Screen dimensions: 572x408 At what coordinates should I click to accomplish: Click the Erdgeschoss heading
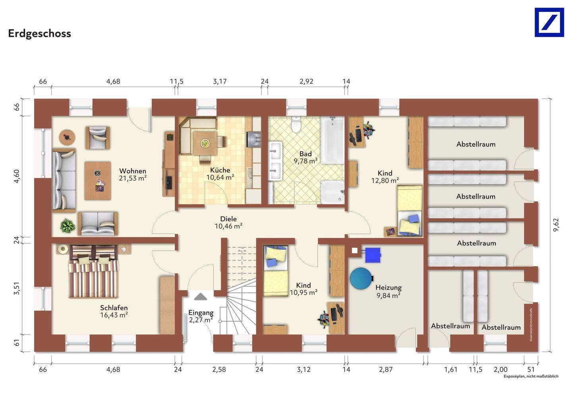coord(40,34)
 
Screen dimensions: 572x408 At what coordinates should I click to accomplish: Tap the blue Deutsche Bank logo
coord(549,23)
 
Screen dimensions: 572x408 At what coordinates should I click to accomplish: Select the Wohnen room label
coord(133,171)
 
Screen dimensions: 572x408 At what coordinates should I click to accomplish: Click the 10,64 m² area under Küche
coord(220,177)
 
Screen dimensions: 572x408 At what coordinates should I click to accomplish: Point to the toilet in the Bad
coord(296,125)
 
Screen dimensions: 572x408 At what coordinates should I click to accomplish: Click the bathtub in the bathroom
coord(332,140)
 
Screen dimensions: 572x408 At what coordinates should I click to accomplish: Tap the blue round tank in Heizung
coord(361,278)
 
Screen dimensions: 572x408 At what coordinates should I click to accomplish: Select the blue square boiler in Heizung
coord(373,255)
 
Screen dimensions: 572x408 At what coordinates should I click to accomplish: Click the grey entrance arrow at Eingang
coord(201,297)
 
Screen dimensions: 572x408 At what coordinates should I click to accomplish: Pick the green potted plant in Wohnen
coord(68,226)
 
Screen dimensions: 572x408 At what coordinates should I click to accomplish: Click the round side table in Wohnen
coord(67,138)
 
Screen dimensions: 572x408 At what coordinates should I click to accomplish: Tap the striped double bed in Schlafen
coord(93,271)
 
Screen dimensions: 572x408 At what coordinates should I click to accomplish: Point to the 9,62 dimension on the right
coord(556,225)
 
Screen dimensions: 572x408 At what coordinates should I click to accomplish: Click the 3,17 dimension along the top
coord(220,82)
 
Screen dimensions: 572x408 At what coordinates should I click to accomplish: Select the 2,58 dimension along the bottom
coord(219,369)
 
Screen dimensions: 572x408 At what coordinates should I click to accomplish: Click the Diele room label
coord(228,218)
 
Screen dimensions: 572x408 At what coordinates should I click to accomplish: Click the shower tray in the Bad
coord(332,192)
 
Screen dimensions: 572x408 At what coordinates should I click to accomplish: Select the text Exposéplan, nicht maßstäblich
coord(531,376)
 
